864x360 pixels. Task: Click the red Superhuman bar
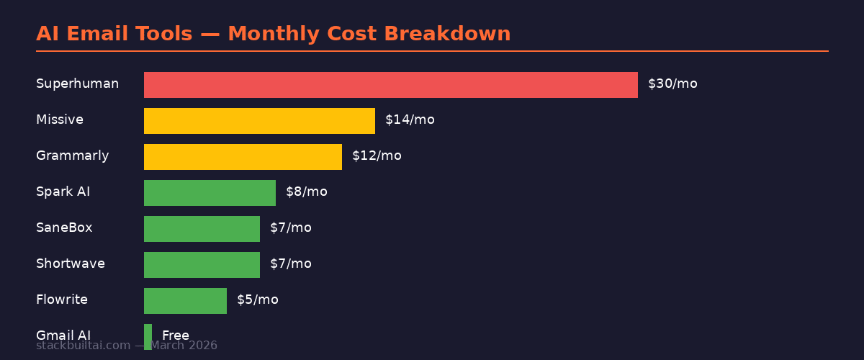coord(390,85)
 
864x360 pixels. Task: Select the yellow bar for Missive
coord(259,121)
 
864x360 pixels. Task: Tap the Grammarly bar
coord(243,157)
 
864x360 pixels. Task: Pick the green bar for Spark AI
coord(210,193)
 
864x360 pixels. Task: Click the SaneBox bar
coord(202,229)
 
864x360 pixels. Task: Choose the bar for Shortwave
coord(202,265)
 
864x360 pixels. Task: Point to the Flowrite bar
coord(185,301)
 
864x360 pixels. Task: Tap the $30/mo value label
coord(672,84)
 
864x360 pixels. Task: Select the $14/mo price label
coord(410,120)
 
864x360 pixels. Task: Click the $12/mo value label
coord(377,156)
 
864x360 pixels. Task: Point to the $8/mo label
coord(306,192)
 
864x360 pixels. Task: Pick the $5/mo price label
coord(257,300)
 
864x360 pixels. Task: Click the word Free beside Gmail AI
coord(176,336)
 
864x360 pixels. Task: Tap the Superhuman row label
coord(77,84)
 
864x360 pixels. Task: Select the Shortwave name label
coord(70,264)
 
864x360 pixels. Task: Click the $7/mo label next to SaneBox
coord(290,228)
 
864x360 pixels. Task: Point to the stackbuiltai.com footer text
coord(83,346)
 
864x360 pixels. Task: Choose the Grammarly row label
coord(72,156)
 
